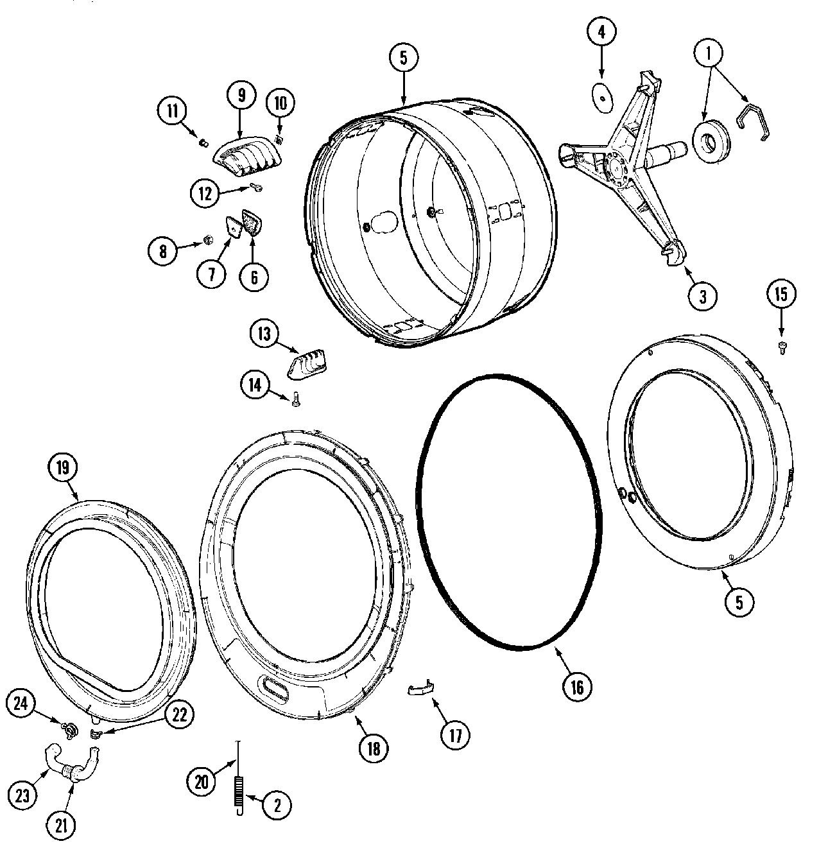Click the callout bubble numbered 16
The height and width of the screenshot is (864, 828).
576,687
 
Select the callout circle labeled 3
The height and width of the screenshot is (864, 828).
702,297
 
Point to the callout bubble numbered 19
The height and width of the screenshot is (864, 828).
62,467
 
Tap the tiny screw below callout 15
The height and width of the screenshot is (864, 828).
781,347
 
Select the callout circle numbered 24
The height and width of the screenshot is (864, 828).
21,704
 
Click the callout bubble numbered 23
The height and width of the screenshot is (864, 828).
22,796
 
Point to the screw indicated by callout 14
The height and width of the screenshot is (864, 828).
295,399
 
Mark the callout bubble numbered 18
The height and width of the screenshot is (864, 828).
374,748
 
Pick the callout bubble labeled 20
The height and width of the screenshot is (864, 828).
202,782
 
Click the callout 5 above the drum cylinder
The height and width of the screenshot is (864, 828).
404,58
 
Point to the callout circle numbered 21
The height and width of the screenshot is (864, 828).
61,825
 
